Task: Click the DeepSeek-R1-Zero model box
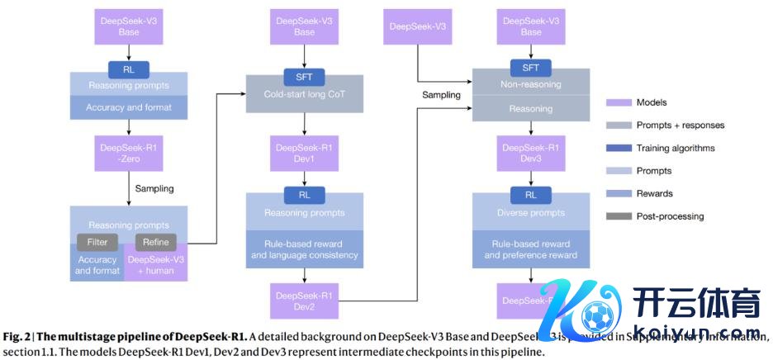pyautogui.click(x=128, y=153)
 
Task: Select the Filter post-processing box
pyautogui.click(x=92, y=242)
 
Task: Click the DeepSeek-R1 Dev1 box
pyautogui.click(x=305, y=153)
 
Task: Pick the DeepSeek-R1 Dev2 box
pyautogui.click(x=305, y=301)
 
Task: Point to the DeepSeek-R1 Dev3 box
pyautogui.click(x=531, y=153)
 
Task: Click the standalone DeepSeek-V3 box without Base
pyautogui.click(x=417, y=27)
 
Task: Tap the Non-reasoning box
pyautogui.click(x=531, y=83)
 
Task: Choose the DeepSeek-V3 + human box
pyautogui.click(x=156, y=265)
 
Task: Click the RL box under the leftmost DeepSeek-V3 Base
pyautogui.click(x=128, y=69)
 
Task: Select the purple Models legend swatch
pyautogui.click(x=618, y=102)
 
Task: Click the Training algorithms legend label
pyautogui.click(x=675, y=148)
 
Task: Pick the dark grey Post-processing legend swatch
pyautogui.click(x=618, y=216)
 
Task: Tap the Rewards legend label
pyautogui.click(x=654, y=193)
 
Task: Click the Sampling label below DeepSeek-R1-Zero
pyautogui.click(x=154, y=188)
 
